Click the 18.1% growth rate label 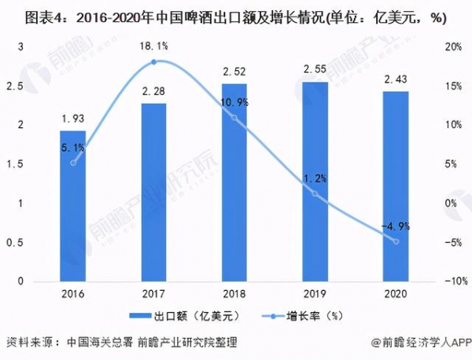[153, 46]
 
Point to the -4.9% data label [395, 227]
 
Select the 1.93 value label [72, 118]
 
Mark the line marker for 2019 [315, 193]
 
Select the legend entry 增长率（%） [293, 315]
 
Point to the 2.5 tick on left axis [21, 86]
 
